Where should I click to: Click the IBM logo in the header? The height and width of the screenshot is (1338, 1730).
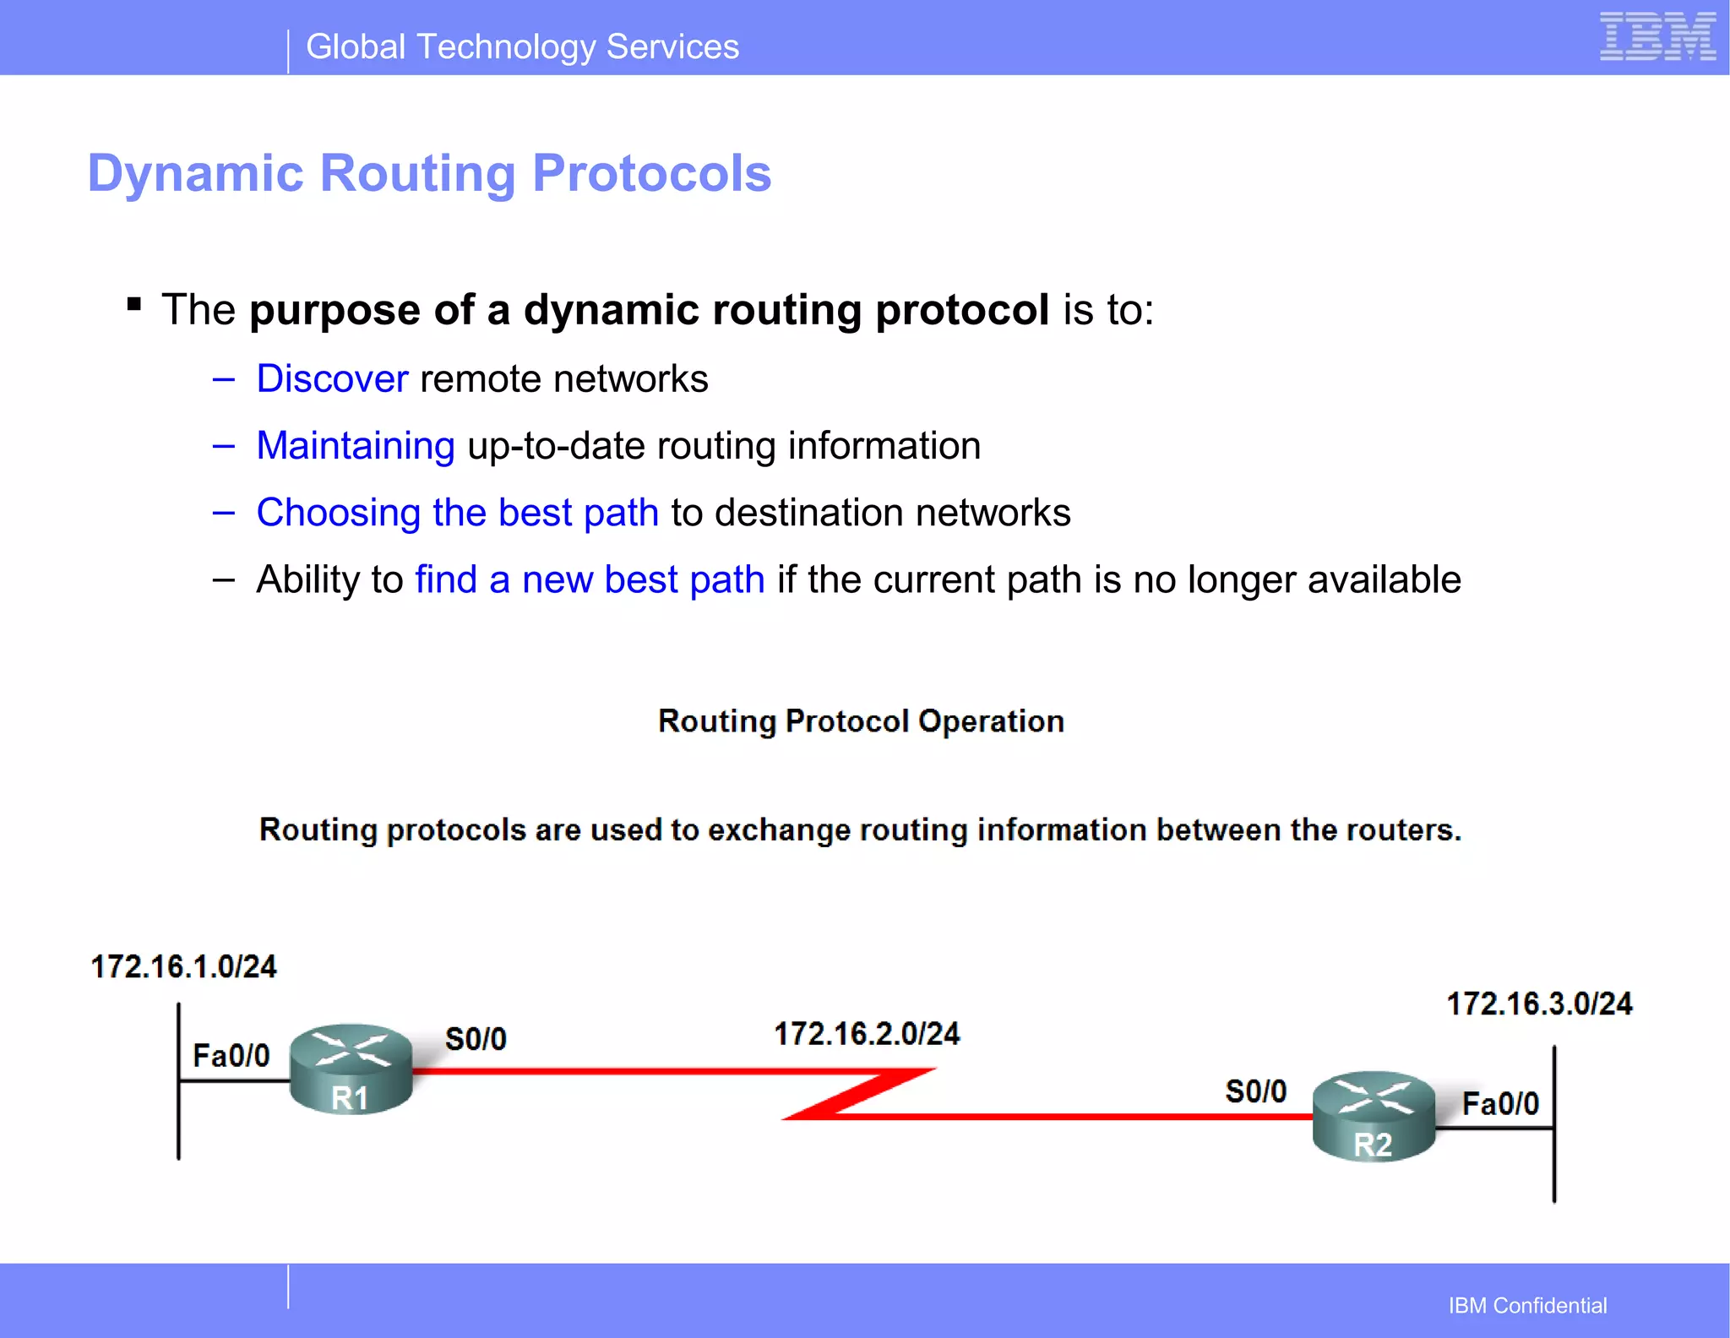pyautogui.click(x=1657, y=37)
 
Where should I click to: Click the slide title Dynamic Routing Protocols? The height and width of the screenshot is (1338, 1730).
pyautogui.click(x=429, y=173)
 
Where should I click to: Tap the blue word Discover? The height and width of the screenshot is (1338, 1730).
pyautogui.click(x=332, y=378)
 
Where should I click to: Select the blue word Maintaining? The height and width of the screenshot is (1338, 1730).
pyautogui.click(x=356, y=445)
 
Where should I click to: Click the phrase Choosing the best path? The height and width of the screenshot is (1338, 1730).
pyautogui.click(x=457, y=512)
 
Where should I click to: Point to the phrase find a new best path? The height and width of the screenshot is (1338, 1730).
pyautogui.click(x=590, y=579)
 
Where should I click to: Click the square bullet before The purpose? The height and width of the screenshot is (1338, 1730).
pyautogui.click(x=133, y=304)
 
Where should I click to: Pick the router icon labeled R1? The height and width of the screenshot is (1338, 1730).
pyautogui.click(x=351, y=1069)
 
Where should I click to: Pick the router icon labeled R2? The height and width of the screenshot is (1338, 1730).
pyautogui.click(x=1374, y=1116)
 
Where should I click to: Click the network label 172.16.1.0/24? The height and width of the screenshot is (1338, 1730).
pyautogui.click(x=183, y=966)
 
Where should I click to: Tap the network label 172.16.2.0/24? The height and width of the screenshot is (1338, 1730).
pyautogui.click(x=867, y=1034)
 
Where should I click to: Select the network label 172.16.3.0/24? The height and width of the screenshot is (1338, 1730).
pyautogui.click(x=1539, y=1003)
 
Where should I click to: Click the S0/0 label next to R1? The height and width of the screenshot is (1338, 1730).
pyautogui.click(x=476, y=1039)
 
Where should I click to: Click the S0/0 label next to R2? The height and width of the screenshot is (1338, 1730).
pyautogui.click(x=1256, y=1091)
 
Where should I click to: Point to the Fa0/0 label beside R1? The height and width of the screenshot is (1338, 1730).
pyautogui.click(x=231, y=1055)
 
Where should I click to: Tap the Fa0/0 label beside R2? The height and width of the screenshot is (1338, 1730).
pyautogui.click(x=1500, y=1103)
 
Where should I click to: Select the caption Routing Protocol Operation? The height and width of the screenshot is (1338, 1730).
pyautogui.click(x=861, y=721)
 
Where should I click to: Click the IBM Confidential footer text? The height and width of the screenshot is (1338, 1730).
pyautogui.click(x=1527, y=1305)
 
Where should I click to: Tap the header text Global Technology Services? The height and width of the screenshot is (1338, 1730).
pyautogui.click(x=522, y=47)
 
